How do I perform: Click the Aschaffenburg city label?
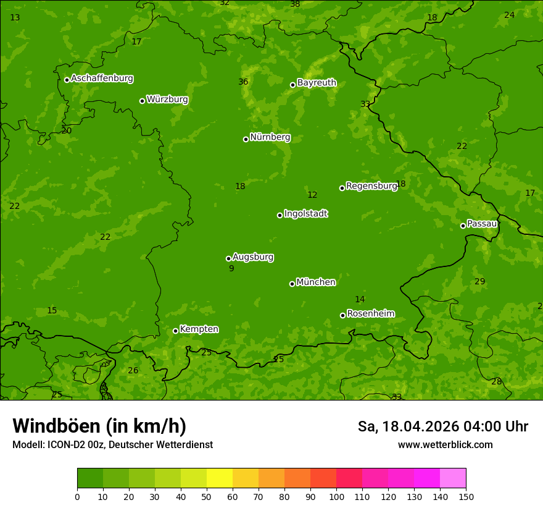pos(102,78)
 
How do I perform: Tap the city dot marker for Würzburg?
pos(142,101)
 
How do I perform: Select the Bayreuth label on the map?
pos(317,83)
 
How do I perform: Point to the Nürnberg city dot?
pos(246,139)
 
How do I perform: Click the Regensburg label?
pos(371,186)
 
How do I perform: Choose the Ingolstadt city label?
pos(305,214)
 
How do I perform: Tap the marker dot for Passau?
pos(463,226)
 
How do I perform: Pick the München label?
pos(316,282)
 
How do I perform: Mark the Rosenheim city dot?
pos(342,315)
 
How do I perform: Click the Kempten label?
pos(199,329)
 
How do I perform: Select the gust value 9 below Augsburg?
pos(231,269)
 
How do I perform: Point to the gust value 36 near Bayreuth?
pos(243,82)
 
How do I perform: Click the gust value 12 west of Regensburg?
pos(312,195)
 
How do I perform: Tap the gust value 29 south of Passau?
pos(479,282)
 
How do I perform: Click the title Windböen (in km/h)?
pos(99,426)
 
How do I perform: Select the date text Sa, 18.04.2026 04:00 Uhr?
pos(442,426)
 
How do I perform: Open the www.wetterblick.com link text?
pos(445,445)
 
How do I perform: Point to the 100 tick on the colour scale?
pos(336,497)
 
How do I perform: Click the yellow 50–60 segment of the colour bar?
pos(220,478)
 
